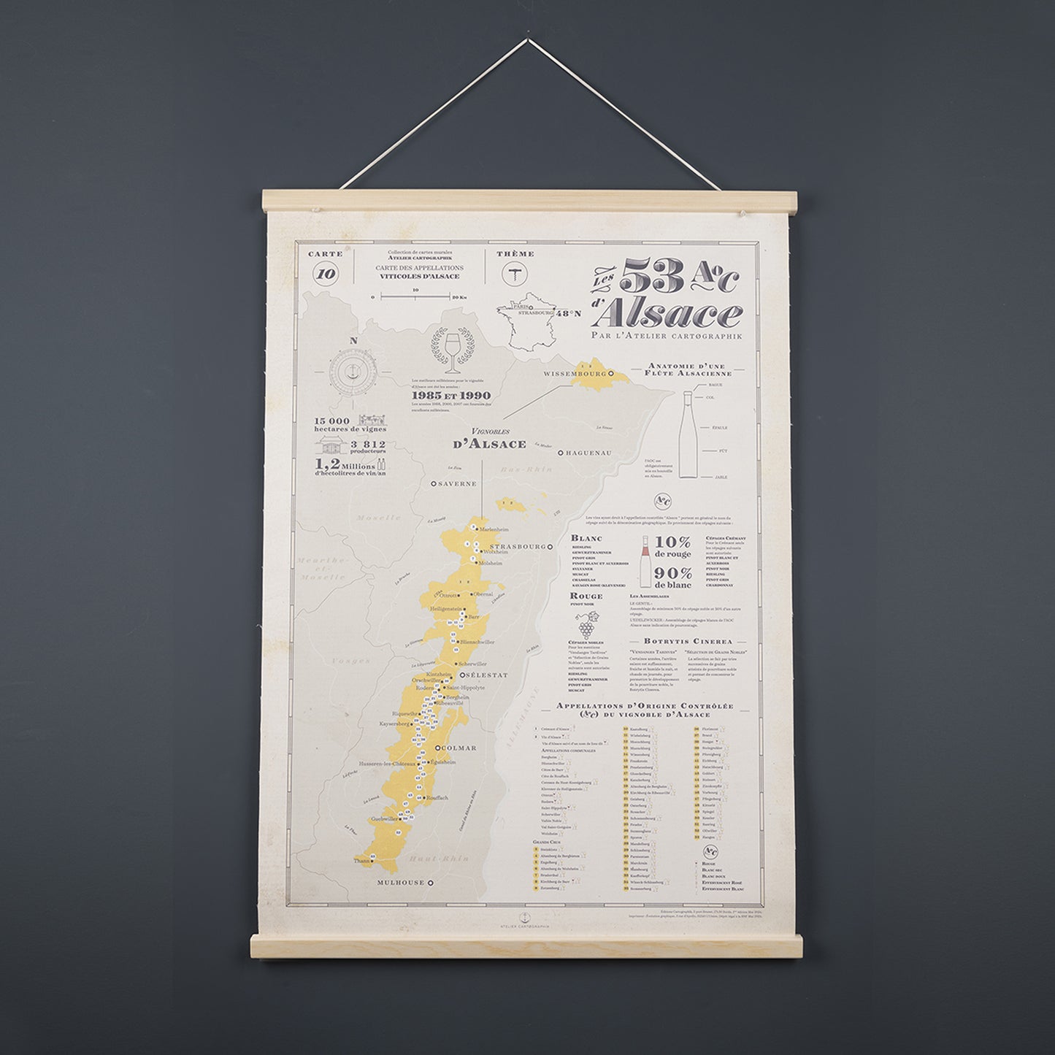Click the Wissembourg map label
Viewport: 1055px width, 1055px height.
click(x=570, y=374)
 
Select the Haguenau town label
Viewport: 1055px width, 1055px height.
click(x=588, y=453)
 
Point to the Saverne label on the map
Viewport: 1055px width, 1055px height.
click(x=457, y=483)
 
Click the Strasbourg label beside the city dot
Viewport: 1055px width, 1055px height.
click(x=519, y=546)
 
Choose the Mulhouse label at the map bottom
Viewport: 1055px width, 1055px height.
click(x=401, y=883)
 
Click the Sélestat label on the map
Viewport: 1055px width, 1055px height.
click(x=487, y=675)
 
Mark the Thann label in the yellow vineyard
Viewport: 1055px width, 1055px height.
click(x=362, y=862)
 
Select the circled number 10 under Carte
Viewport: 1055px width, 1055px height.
click(x=326, y=275)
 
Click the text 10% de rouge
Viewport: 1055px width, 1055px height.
click(x=672, y=547)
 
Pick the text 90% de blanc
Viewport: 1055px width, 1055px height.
click(x=672, y=578)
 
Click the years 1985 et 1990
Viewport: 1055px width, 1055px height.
click(x=450, y=396)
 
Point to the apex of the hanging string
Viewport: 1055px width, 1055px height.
click(x=528, y=40)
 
